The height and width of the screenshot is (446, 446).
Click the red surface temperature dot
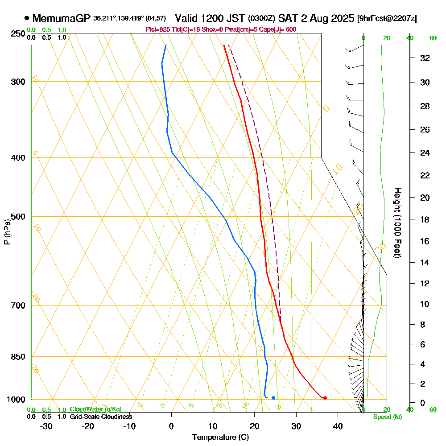coord(325,398)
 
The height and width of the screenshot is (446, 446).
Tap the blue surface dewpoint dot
coord(273,398)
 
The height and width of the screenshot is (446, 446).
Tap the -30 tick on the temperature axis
coord(46,425)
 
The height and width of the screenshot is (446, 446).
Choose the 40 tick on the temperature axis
coord(338,425)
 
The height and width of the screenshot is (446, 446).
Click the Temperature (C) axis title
coord(220,438)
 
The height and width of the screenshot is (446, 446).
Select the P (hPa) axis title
coord(7,232)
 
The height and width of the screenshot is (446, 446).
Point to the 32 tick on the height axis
coord(425,58)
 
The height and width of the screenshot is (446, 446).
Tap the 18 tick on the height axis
coord(425,219)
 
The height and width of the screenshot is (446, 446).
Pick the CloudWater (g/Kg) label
coord(95,409)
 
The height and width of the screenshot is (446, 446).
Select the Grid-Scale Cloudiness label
coord(101,417)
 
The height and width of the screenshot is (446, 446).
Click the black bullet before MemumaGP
coord(27,18)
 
